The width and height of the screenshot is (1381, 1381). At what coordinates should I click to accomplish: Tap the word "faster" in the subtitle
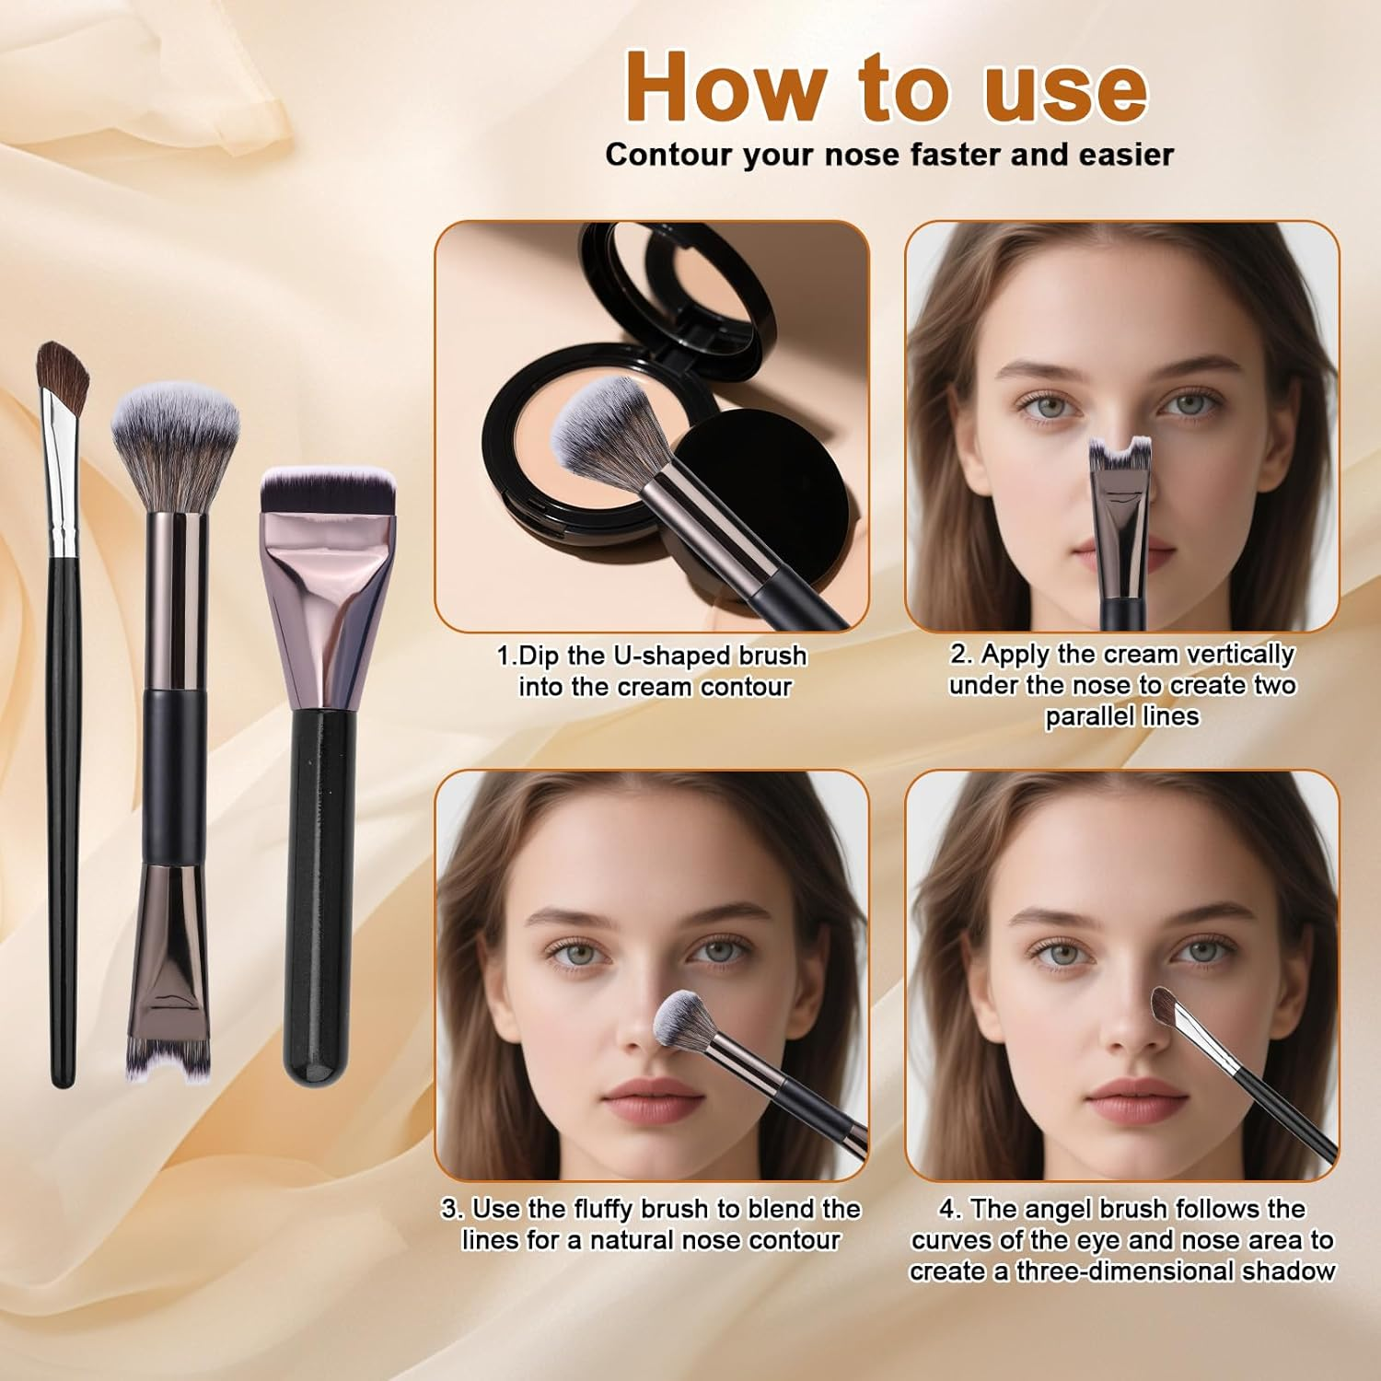[x=954, y=155]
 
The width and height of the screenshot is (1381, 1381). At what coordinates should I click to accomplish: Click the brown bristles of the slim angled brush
[x=64, y=373]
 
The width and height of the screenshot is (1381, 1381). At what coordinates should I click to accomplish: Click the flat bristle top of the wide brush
[x=328, y=493]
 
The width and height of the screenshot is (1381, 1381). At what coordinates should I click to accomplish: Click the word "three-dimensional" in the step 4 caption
[x=1125, y=1271]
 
